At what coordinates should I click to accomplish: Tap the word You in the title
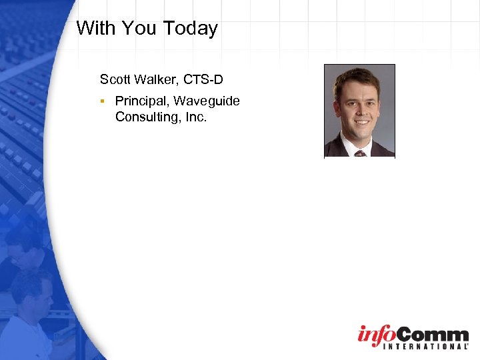click(x=141, y=28)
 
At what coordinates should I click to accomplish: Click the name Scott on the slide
click(x=115, y=80)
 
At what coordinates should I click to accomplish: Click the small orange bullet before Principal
click(x=103, y=101)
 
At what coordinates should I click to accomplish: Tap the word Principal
click(x=142, y=101)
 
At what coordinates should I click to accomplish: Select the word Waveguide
click(x=207, y=101)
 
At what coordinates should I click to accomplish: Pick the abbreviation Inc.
click(x=195, y=117)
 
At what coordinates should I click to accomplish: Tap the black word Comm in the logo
click(x=433, y=333)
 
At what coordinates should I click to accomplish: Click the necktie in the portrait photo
click(x=360, y=153)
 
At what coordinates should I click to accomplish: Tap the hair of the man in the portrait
click(x=357, y=77)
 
